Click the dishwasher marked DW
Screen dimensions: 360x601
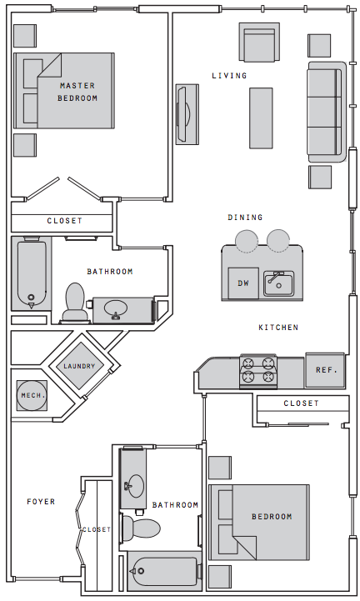[x=243, y=283]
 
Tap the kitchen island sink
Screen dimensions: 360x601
[x=278, y=283]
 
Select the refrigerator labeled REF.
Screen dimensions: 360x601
[x=325, y=370]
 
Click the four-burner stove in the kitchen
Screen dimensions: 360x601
[x=258, y=371]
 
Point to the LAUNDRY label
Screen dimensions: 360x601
[x=79, y=367]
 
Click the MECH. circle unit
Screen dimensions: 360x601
[x=32, y=396]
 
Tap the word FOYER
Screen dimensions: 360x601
[x=41, y=501]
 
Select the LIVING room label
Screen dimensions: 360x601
[x=229, y=76]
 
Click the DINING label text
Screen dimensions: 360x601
[x=245, y=218]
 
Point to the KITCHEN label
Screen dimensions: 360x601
[x=278, y=328]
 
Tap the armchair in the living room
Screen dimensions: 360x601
[x=259, y=43]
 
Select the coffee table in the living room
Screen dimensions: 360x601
[x=261, y=118]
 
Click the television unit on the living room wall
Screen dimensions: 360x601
[x=187, y=114]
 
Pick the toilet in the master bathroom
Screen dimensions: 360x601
[x=75, y=302]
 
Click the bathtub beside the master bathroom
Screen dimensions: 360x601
[x=31, y=273]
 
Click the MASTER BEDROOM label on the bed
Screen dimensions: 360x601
[x=77, y=92]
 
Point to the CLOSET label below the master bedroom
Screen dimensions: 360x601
[x=64, y=221]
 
